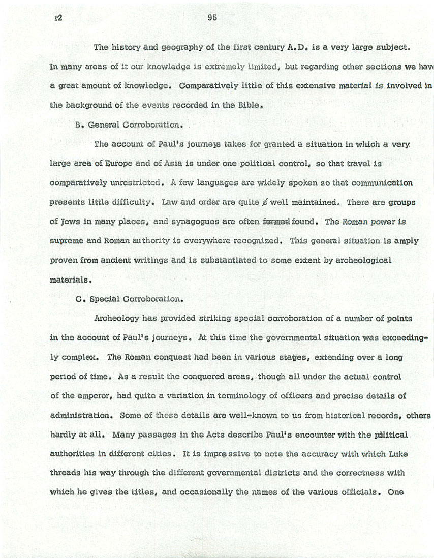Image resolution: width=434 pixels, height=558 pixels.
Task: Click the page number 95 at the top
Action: click(212, 18)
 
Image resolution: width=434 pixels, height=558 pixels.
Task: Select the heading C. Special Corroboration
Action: click(129, 299)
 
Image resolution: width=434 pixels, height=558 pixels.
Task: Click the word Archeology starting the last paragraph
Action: click(116, 319)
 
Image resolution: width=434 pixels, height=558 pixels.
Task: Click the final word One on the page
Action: click(395, 492)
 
